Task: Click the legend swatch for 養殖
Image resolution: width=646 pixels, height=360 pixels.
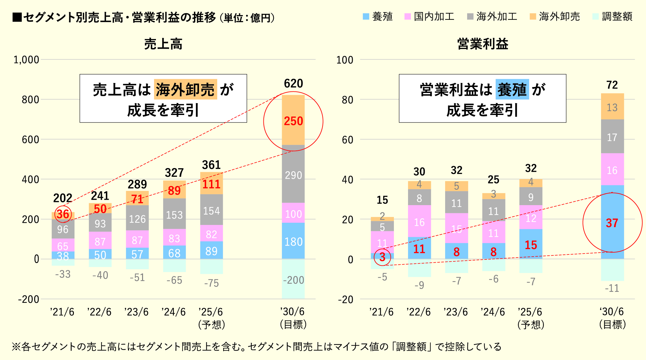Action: pyautogui.click(x=366, y=17)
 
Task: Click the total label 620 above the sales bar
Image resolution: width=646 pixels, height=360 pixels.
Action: pyautogui.click(x=293, y=84)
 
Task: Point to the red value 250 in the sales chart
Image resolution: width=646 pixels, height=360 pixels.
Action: pyautogui.click(x=293, y=121)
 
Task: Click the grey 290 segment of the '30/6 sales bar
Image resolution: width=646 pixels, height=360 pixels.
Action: pyautogui.click(x=293, y=175)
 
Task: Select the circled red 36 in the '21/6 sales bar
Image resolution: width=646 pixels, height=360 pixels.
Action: pyautogui.click(x=63, y=214)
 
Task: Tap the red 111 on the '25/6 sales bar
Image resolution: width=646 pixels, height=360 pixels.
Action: pyautogui.click(x=211, y=184)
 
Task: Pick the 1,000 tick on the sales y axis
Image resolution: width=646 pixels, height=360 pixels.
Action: pyautogui.click(x=26, y=60)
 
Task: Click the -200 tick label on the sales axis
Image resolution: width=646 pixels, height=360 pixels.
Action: pyautogui.click(x=29, y=299)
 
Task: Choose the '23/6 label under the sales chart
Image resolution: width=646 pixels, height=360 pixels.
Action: pyautogui.click(x=136, y=312)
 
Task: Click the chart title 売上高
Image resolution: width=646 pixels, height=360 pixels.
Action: pyautogui.click(x=163, y=44)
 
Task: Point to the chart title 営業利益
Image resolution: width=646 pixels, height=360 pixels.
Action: pyautogui.click(x=483, y=44)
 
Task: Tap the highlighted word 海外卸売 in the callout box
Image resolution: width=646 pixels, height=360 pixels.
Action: pyautogui.click(x=185, y=90)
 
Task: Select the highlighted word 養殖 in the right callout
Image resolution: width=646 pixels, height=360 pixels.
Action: pyautogui.click(x=512, y=90)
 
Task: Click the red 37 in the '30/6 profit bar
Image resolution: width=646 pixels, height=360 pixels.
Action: pyautogui.click(x=612, y=223)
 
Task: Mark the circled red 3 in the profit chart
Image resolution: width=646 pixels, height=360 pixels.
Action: pyautogui.click(x=382, y=257)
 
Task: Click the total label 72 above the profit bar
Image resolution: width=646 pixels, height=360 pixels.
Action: pyautogui.click(x=612, y=85)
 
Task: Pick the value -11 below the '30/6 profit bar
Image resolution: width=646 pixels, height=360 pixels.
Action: pyautogui.click(x=612, y=288)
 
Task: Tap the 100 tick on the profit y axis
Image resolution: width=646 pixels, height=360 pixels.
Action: pyautogui.click(x=345, y=60)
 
